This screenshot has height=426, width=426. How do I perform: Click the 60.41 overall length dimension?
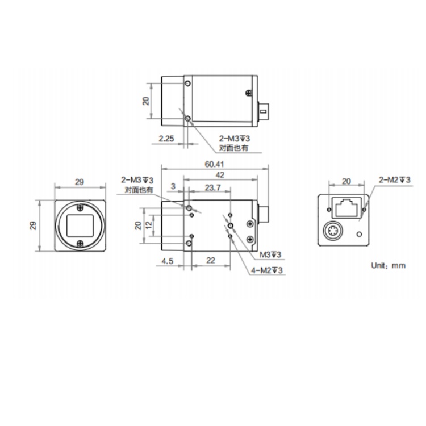[214, 164]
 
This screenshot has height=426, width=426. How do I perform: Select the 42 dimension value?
[220, 175]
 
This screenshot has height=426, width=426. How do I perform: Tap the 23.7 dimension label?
[212, 187]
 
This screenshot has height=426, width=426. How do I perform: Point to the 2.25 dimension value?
[166, 139]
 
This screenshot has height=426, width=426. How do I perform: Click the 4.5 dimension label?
[167, 261]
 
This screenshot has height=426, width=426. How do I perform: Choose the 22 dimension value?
[211, 260]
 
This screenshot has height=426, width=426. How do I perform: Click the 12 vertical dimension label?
[149, 225]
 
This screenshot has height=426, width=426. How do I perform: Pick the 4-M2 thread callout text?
[267, 270]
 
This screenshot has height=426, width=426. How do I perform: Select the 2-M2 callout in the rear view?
[395, 180]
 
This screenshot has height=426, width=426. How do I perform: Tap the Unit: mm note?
[389, 265]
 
